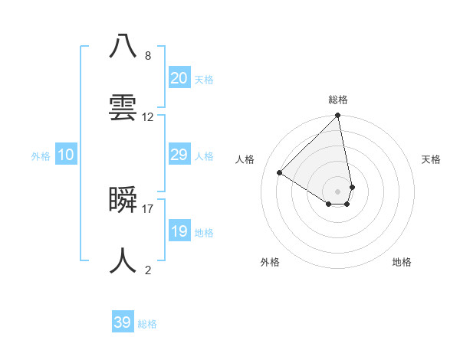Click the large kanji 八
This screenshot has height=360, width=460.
tap(123, 45)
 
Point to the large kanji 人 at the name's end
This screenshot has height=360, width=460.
tap(123, 260)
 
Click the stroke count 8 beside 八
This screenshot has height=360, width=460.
tap(148, 55)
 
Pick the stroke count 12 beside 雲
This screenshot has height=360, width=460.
tap(148, 117)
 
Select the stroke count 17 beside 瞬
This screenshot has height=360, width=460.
tap(148, 208)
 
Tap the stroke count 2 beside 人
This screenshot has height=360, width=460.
tap(148, 270)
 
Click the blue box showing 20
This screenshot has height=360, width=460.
tap(179, 78)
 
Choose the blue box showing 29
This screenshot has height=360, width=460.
tap(179, 155)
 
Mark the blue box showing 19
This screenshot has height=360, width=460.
tap(179, 231)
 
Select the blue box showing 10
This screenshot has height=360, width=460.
tap(66, 155)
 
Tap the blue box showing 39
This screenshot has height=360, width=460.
tap(123, 322)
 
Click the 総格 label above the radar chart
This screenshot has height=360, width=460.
tap(338, 100)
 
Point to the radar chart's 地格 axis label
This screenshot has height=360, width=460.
tap(402, 262)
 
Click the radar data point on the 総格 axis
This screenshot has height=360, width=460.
tap(338, 116)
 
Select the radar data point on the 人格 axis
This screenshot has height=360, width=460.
tap(280, 172)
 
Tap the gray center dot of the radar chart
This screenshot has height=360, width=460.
tap(338, 191)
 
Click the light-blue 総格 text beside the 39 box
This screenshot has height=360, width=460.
tap(147, 324)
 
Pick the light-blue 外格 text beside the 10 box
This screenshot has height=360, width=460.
tap(41, 155)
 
